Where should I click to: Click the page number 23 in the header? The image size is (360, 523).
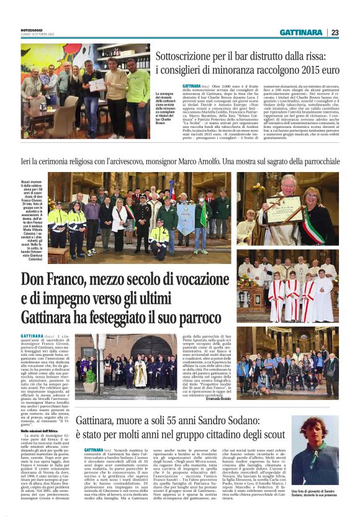(x=335, y=32)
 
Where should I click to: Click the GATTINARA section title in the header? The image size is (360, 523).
(x=300, y=32)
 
